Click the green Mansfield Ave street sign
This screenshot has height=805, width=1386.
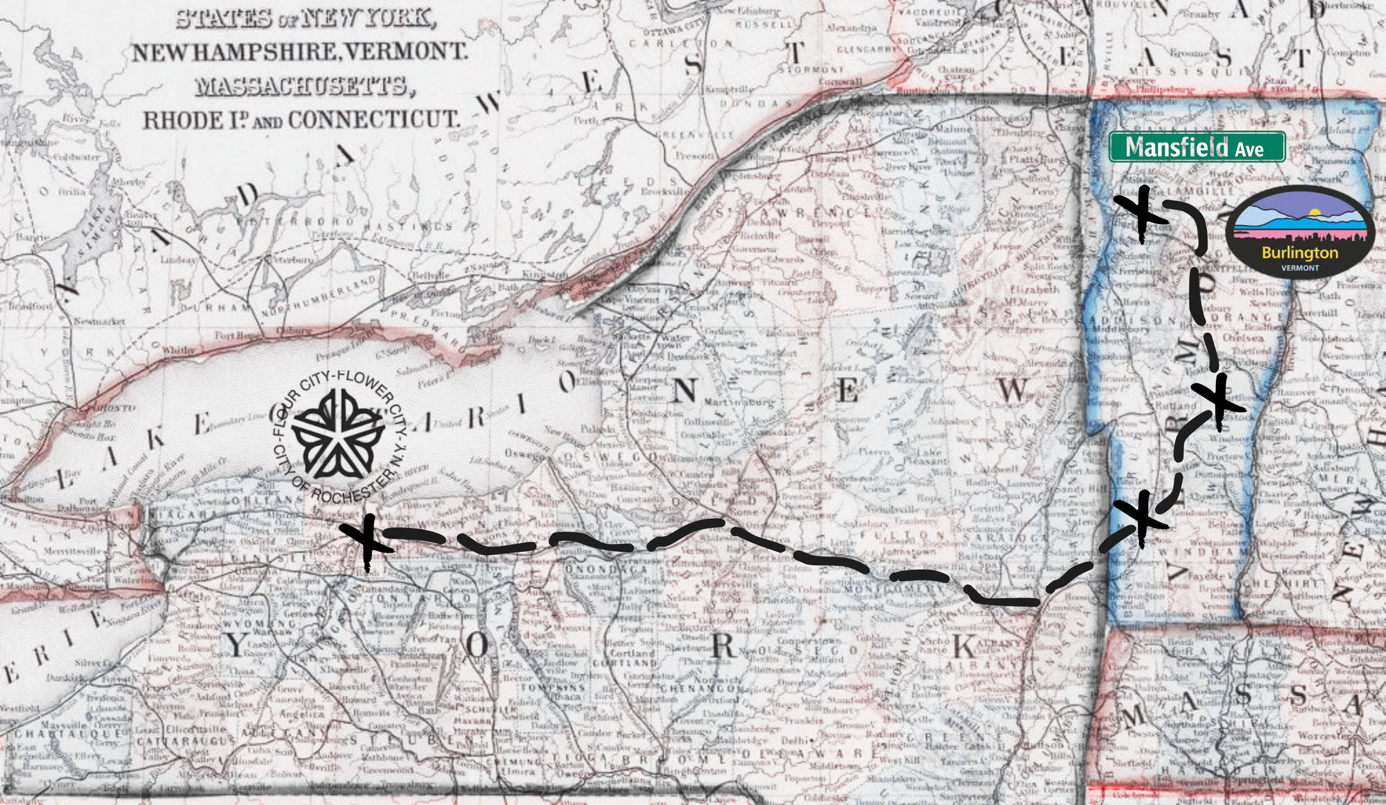1196,147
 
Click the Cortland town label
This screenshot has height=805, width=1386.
633,653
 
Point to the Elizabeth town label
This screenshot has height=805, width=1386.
1035,290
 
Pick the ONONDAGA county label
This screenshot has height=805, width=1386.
605,570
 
